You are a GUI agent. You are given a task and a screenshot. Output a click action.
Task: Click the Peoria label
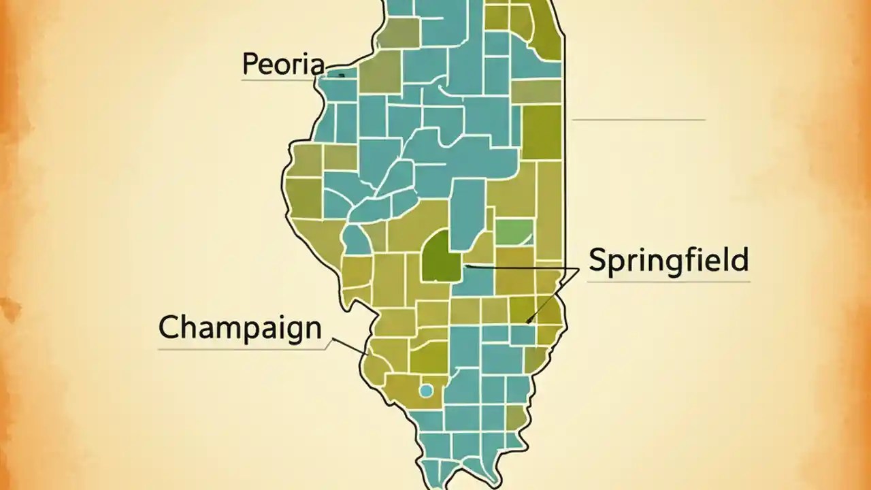click(x=283, y=65)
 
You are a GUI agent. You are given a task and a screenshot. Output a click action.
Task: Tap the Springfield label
click(x=668, y=261)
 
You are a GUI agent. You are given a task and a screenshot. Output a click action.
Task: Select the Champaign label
click(x=240, y=328)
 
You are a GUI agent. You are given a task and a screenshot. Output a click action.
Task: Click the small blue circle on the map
click(x=426, y=391)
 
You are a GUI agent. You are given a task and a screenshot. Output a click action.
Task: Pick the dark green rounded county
click(x=440, y=257)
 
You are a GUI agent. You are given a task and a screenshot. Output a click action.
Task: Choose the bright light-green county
click(x=514, y=232)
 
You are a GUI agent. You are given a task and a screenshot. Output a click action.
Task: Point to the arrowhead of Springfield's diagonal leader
click(x=529, y=321)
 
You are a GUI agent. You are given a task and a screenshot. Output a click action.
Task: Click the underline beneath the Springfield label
click(x=668, y=281)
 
